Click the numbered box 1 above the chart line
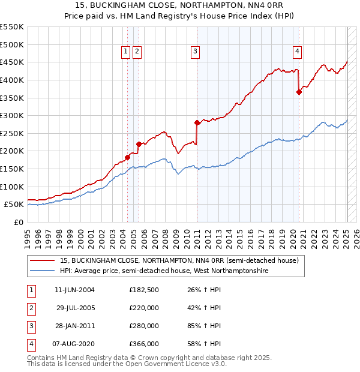[x=126, y=52]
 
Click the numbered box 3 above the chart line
[x=196, y=52]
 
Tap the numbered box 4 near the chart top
[x=298, y=52]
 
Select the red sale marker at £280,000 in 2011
[x=197, y=122]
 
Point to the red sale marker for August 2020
[x=299, y=92]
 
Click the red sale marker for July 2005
[x=139, y=144]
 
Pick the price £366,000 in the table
[x=144, y=344]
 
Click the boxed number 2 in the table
[x=30, y=308]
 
